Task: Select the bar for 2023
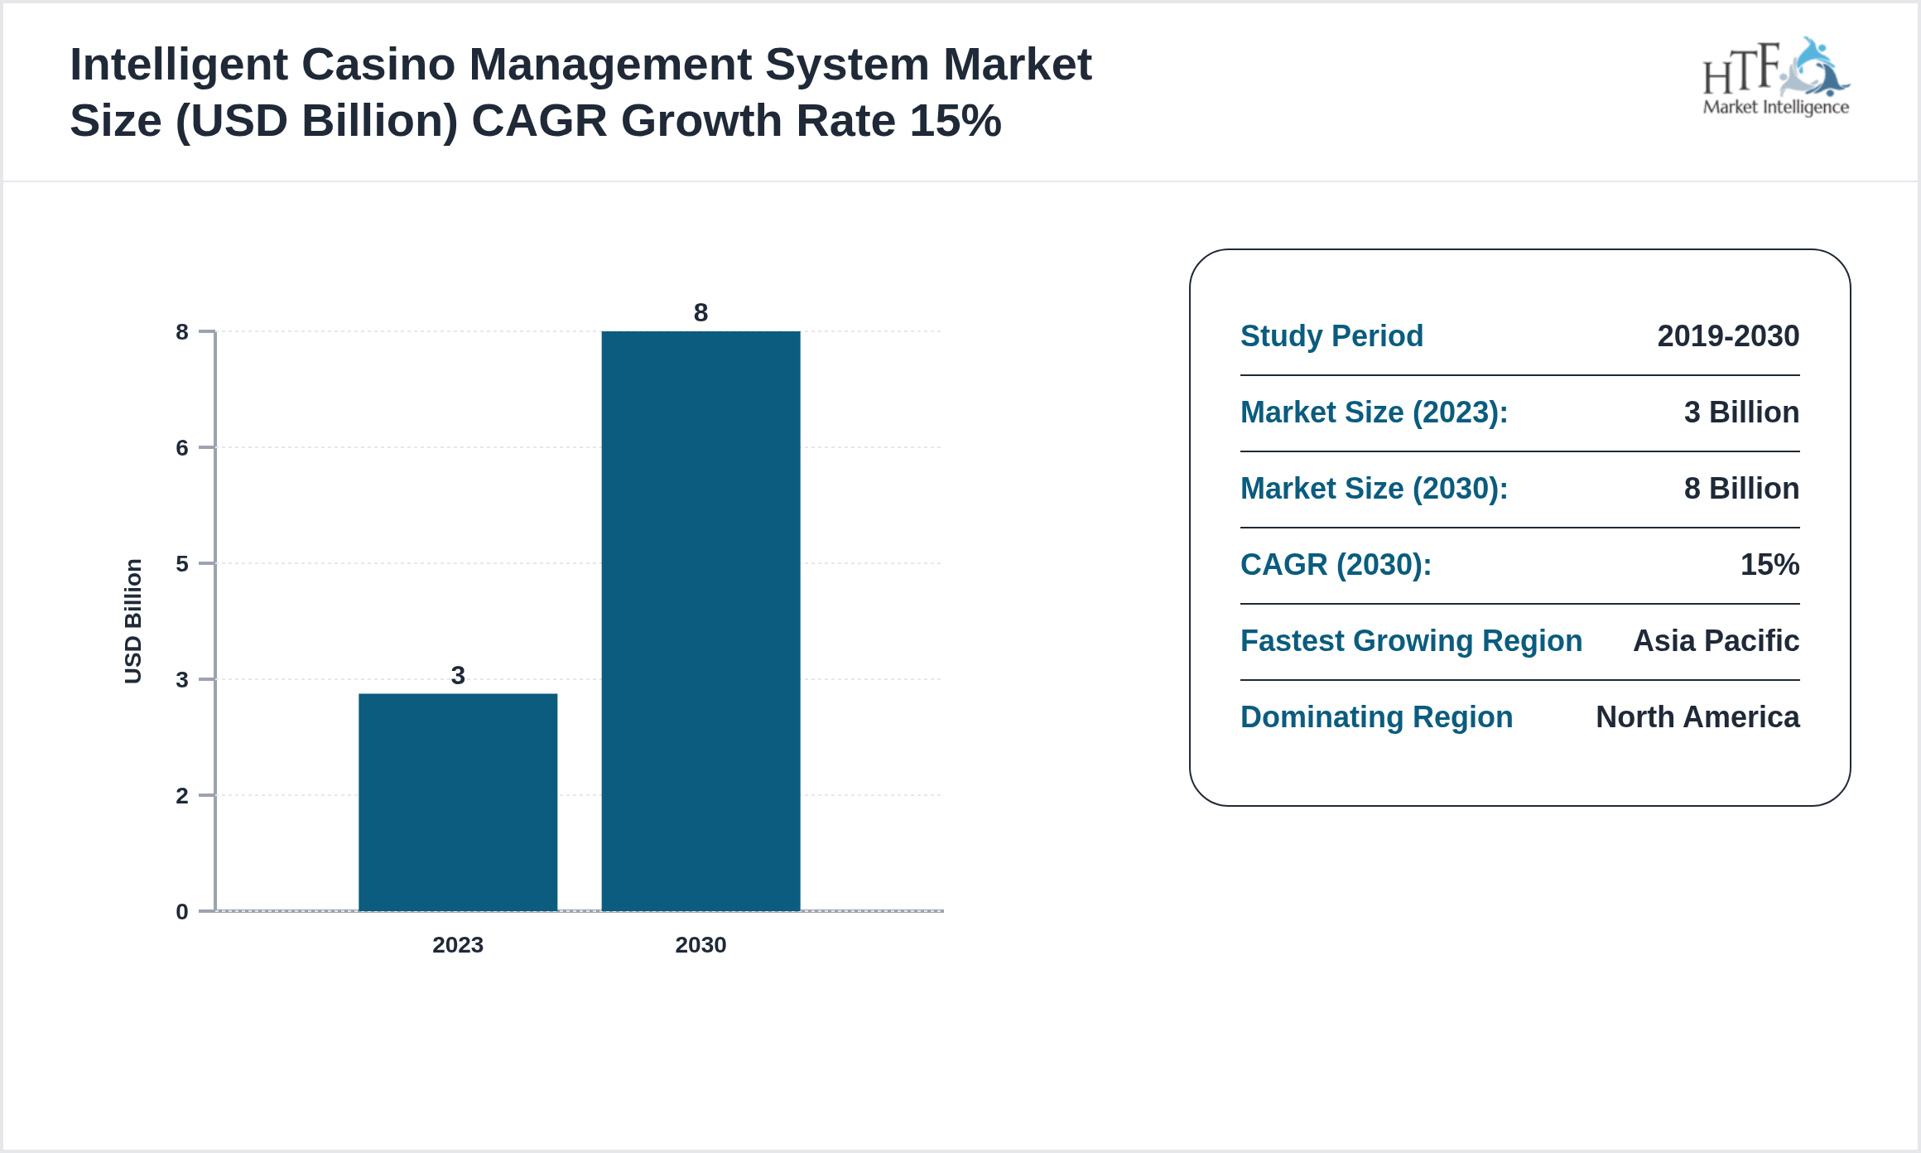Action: tap(458, 802)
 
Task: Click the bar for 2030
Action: tap(701, 621)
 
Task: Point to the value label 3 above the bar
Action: tap(458, 675)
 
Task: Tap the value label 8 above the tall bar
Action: tap(701, 312)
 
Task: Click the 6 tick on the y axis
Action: tap(182, 448)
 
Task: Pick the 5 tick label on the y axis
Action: tap(182, 564)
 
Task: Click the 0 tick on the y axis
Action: tap(182, 912)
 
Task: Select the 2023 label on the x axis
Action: tap(458, 944)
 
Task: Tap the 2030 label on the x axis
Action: tap(701, 944)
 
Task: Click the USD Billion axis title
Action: tap(133, 621)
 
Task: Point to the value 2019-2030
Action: tap(1728, 336)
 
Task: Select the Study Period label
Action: tap(1331, 336)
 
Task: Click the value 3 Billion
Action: tap(1741, 412)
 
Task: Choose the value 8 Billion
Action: tap(1741, 489)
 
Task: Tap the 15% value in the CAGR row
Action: tap(1769, 565)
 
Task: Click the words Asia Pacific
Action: tap(1716, 641)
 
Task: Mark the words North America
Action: tap(1697, 717)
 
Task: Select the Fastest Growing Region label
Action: tap(1411, 641)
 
